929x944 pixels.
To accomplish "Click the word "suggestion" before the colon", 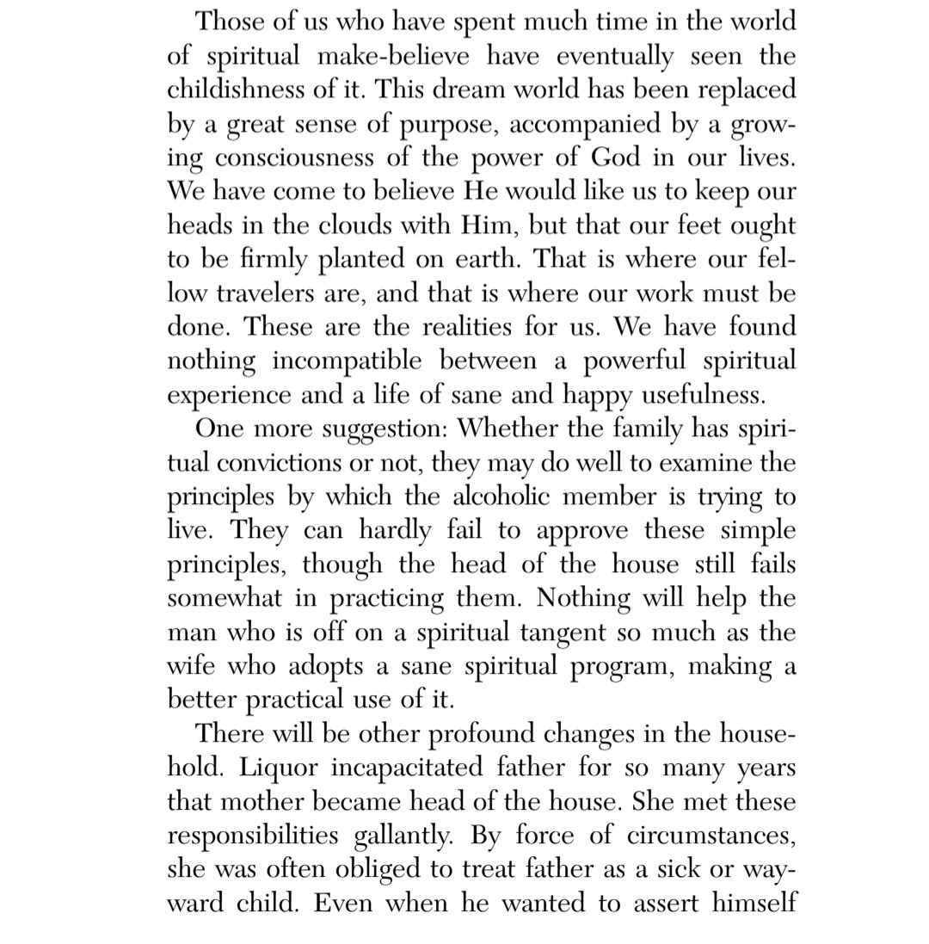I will (x=380, y=429).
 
